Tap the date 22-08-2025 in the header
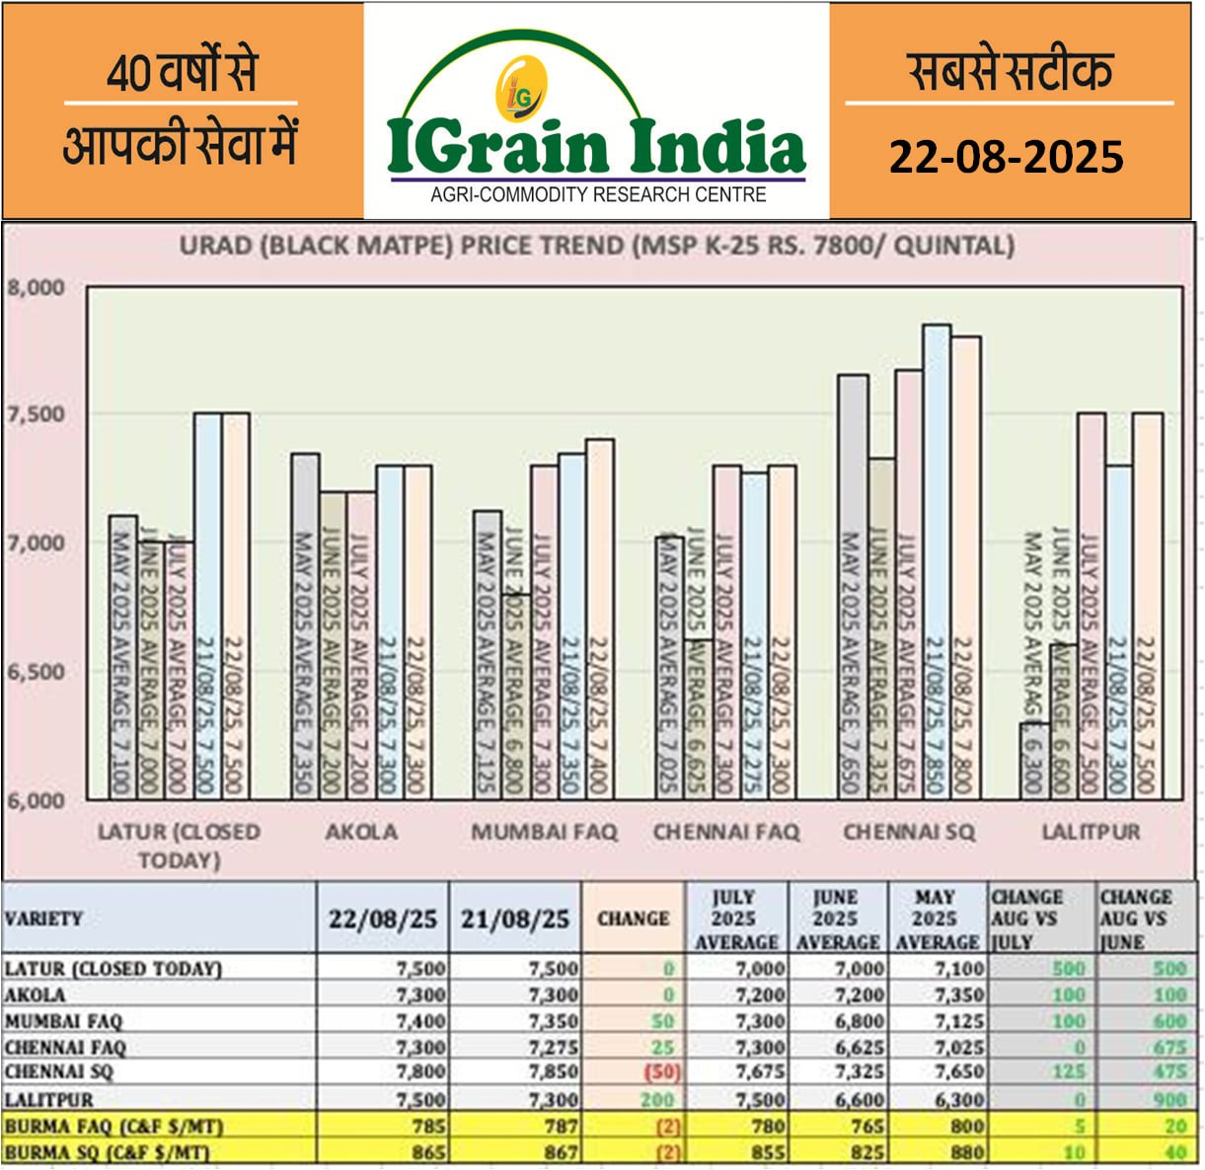[1006, 157]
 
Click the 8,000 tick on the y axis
[37, 287]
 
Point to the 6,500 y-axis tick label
[37, 672]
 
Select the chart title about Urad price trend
[597, 246]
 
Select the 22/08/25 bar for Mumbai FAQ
[599, 619]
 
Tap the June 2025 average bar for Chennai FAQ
[700, 718]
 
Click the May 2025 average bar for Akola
[305, 625]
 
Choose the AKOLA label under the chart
[361, 833]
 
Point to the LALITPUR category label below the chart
[1091, 833]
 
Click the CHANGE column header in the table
[633, 918]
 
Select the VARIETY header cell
[44, 918]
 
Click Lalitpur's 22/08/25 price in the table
[420, 1099]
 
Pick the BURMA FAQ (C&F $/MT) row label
[113, 1126]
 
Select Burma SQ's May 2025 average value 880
[963, 1151]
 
